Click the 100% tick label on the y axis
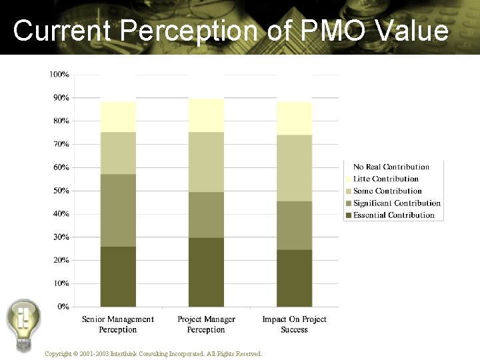(59, 75)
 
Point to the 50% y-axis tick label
(61, 191)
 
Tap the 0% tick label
(63, 307)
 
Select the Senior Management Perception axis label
(118, 324)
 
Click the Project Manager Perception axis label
(206, 324)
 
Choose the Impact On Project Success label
(294, 324)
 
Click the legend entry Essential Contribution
(393, 215)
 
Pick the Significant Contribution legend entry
(397, 203)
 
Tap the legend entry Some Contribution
(387, 191)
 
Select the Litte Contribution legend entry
(385, 179)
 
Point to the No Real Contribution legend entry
(391, 167)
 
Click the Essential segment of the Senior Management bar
(118, 277)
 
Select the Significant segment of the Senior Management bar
(118, 210)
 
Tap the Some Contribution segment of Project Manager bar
(206, 162)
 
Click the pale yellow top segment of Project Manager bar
(206, 115)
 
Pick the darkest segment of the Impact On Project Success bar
(294, 278)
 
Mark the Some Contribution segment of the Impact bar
(294, 168)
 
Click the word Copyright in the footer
(59, 353)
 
